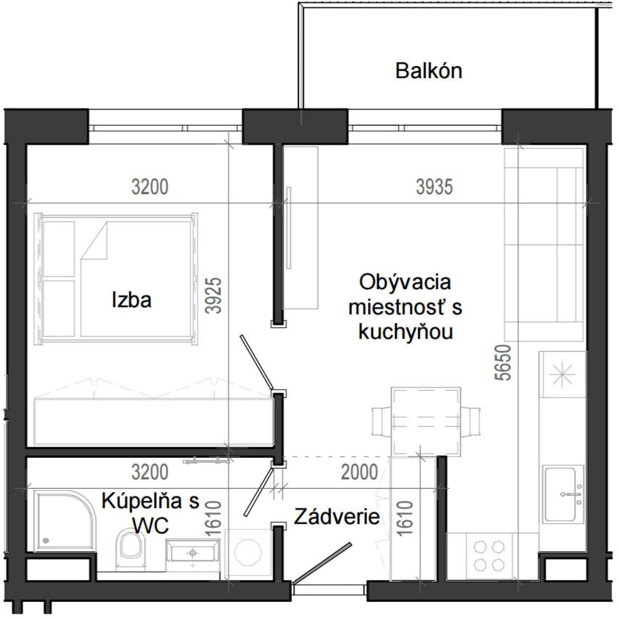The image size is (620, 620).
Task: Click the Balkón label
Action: point(428,71)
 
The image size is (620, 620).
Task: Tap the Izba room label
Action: point(131,300)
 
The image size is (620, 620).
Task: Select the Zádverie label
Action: point(337,517)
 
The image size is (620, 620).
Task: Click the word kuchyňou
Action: point(406,332)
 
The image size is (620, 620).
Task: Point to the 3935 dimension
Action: point(434,187)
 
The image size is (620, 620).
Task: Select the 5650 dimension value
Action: point(504,363)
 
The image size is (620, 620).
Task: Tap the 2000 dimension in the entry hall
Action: point(359,473)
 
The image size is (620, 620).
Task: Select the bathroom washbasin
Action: point(193,553)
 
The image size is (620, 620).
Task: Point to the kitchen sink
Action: point(562,494)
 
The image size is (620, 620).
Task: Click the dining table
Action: point(425,421)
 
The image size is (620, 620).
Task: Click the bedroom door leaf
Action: point(256,362)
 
